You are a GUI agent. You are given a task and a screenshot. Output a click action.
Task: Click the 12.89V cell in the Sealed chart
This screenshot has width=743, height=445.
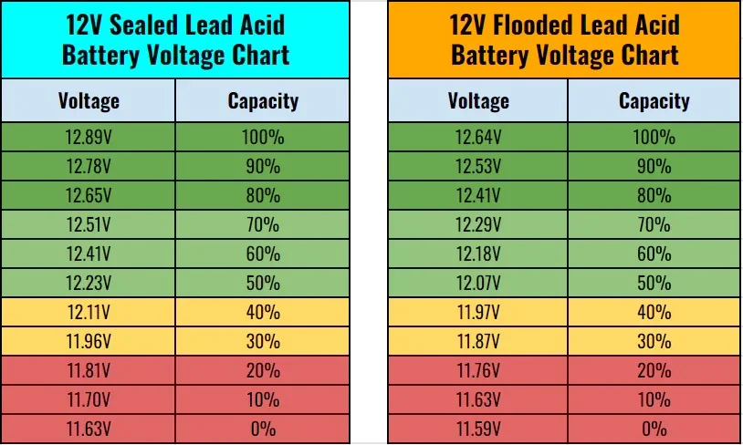tap(89, 138)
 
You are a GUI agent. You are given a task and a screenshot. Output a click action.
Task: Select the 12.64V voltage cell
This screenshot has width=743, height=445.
tap(478, 138)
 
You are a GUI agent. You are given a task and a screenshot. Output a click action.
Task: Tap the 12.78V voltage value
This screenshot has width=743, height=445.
tap(89, 166)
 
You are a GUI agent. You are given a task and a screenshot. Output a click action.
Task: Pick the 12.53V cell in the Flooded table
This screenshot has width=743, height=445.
tap(478, 166)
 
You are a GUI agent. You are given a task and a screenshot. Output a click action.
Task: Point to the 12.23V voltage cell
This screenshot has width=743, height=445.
tap(89, 283)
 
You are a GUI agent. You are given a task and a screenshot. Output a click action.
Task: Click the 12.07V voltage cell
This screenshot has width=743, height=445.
tap(478, 283)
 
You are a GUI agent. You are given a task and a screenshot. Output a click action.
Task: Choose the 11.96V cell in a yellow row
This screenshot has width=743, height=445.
tap(89, 341)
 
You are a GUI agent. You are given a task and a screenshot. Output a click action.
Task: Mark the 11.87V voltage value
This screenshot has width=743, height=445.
tap(478, 341)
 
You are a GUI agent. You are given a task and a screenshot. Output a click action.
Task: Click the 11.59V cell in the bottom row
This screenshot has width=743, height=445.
tap(478, 429)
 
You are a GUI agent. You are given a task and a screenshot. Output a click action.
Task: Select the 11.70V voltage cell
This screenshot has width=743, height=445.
tap(89, 399)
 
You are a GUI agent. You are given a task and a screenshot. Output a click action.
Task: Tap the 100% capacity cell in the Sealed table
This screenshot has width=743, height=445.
tap(263, 138)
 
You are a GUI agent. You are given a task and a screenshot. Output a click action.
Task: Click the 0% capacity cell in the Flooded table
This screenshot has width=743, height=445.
tap(654, 429)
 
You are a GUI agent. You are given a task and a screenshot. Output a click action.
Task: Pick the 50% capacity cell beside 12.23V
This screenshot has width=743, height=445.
tap(263, 283)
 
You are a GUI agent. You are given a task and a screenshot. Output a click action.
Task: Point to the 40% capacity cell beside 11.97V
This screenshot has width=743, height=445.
tap(654, 312)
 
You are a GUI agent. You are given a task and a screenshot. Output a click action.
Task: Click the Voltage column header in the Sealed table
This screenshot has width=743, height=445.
tap(89, 100)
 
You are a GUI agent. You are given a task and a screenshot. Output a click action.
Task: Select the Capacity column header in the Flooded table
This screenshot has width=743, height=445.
tap(654, 100)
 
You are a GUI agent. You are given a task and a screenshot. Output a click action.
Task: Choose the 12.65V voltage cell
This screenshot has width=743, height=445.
tap(89, 195)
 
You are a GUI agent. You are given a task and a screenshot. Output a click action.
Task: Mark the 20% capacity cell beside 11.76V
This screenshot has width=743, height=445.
tap(654, 370)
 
